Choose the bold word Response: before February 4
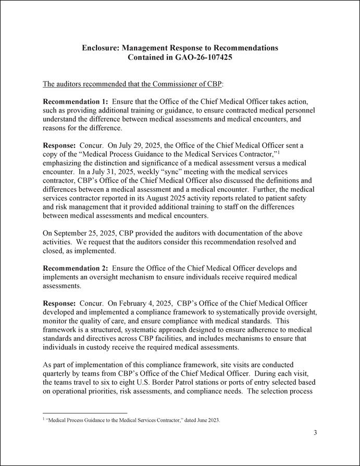59,303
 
